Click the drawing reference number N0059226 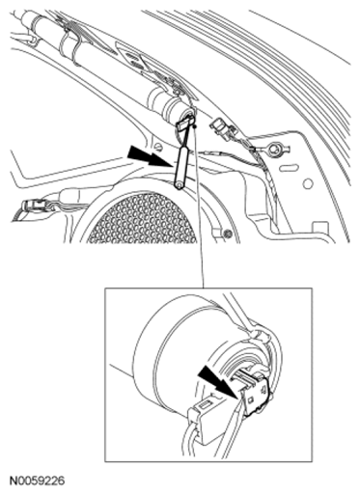pos(37,481)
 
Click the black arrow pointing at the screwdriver pos(149,156)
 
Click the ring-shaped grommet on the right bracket pos(277,149)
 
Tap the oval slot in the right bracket pos(288,168)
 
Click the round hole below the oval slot pos(308,183)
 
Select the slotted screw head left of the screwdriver pos(157,147)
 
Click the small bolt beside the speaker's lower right pos(229,233)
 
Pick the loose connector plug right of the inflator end pos(222,127)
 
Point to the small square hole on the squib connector pos(251,399)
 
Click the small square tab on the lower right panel pos(319,227)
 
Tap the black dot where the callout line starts pos(195,126)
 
